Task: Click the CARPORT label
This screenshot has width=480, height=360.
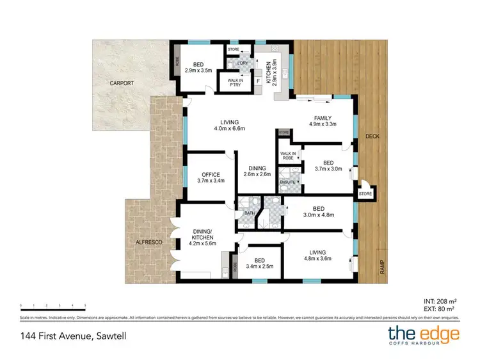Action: pos(121,83)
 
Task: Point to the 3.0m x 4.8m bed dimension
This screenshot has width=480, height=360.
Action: pos(317,216)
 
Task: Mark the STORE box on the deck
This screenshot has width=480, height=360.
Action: pos(365,193)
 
